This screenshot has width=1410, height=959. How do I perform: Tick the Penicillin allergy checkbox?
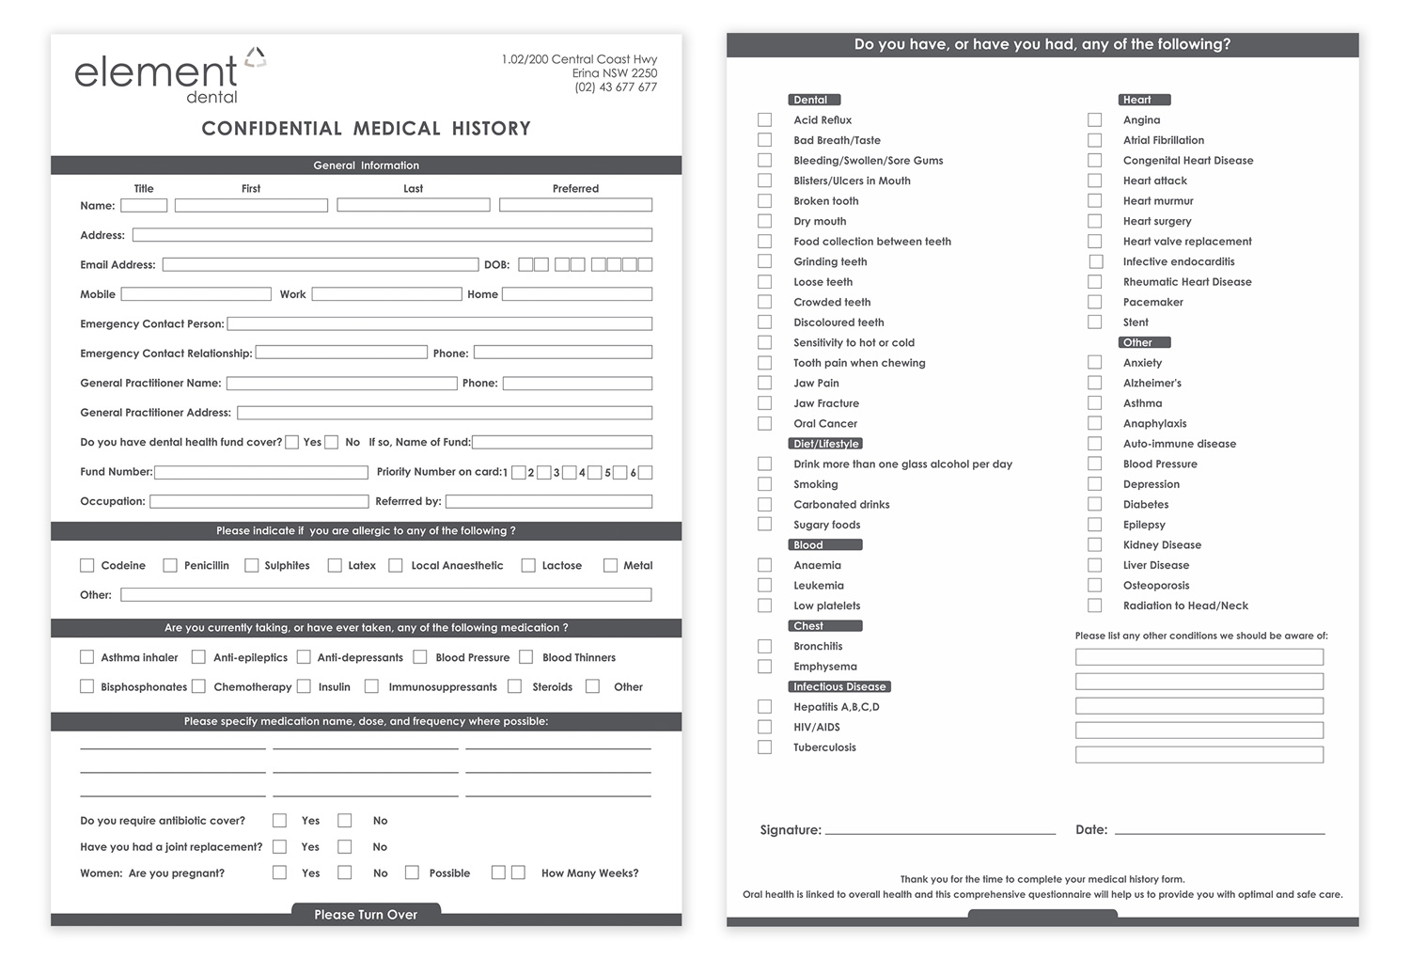point(170,565)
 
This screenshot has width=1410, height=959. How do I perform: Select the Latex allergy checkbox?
point(335,565)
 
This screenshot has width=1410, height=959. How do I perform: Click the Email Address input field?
point(320,265)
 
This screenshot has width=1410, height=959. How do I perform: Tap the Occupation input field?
point(259,501)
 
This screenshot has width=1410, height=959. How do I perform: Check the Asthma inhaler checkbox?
point(87,657)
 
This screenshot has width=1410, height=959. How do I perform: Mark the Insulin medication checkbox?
point(304,686)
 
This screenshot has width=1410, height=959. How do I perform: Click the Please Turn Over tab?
point(366,914)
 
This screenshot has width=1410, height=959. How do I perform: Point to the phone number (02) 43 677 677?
point(616,87)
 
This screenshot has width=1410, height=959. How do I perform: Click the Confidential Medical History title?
point(366,129)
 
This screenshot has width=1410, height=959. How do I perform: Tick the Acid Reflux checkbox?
point(765,120)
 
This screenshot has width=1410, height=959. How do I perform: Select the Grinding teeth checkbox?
point(765,261)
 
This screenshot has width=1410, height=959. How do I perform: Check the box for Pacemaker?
point(1095,302)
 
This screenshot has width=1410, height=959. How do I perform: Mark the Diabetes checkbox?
point(1095,504)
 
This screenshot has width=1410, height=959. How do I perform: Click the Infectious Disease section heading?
point(839,686)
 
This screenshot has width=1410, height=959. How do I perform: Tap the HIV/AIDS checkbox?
point(765,727)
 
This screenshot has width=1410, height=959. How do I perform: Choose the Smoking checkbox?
point(765,484)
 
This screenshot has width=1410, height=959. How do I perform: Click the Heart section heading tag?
point(1144,100)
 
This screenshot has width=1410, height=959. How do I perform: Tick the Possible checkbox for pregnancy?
point(412,873)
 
